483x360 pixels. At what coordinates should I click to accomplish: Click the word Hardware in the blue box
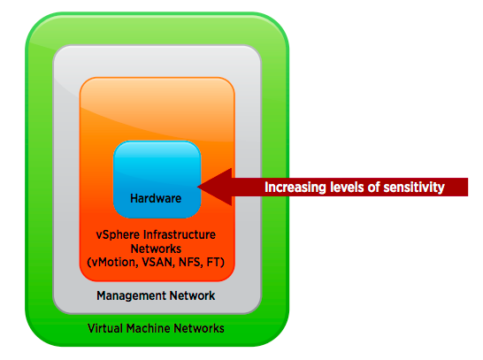[x=156, y=198]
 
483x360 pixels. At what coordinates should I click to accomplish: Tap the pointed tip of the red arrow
[x=197, y=187]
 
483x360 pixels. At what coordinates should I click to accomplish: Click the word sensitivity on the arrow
[x=414, y=188]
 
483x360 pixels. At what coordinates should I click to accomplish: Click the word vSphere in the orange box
[x=118, y=235]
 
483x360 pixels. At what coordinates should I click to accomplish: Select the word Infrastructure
[x=180, y=234]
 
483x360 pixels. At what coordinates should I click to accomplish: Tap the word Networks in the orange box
[x=156, y=249]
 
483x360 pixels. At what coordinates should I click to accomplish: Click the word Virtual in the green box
[x=105, y=328]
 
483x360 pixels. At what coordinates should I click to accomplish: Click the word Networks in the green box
[x=199, y=328]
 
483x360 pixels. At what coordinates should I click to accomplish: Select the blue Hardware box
[x=157, y=180]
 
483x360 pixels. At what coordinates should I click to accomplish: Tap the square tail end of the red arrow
[x=468, y=187]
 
